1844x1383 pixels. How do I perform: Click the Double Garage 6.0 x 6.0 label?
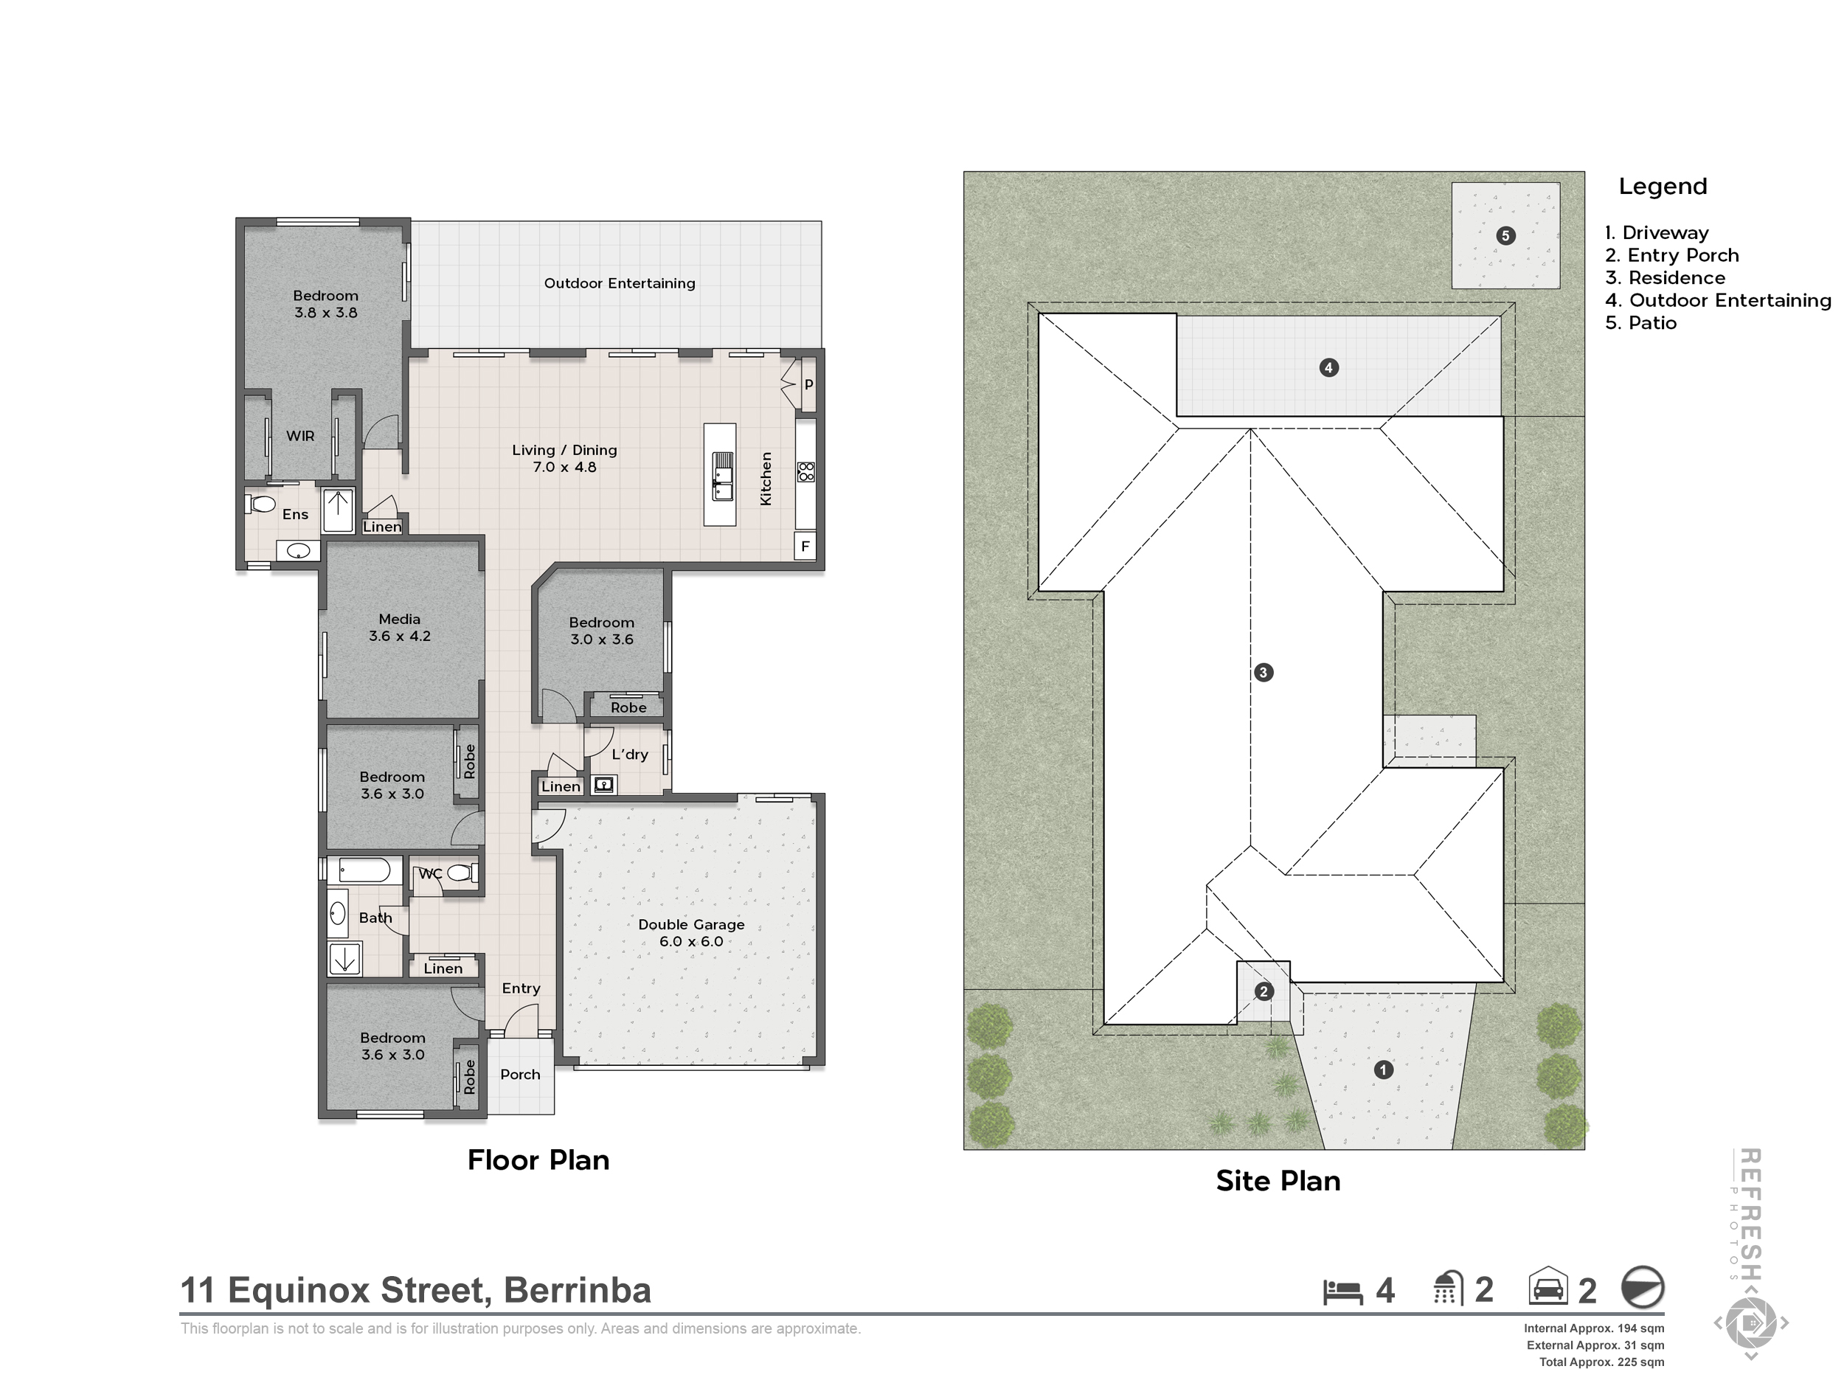[691, 933]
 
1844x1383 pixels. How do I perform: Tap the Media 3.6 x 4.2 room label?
[399, 628]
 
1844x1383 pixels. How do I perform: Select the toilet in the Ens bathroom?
[262, 505]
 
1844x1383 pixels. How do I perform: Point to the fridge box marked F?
[805, 547]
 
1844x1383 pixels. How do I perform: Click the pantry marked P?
[808, 385]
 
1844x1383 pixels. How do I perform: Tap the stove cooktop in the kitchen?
[805, 472]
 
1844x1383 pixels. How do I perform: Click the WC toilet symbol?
[460, 873]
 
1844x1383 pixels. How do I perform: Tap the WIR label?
[300, 436]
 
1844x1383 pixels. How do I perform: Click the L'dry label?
[629, 755]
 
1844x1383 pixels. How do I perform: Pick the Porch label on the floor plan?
[520, 1075]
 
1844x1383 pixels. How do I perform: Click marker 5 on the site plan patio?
[1505, 236]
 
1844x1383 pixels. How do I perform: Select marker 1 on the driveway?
[1383, 1070]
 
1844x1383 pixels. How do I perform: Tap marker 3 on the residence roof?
[1263, 673]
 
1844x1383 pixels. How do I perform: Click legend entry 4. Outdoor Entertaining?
[1717, 301]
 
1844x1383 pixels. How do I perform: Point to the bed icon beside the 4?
[1342, 1292]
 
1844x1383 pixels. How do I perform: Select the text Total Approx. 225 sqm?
[1601, 1362]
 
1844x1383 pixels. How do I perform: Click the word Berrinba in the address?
[577, 1291]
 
